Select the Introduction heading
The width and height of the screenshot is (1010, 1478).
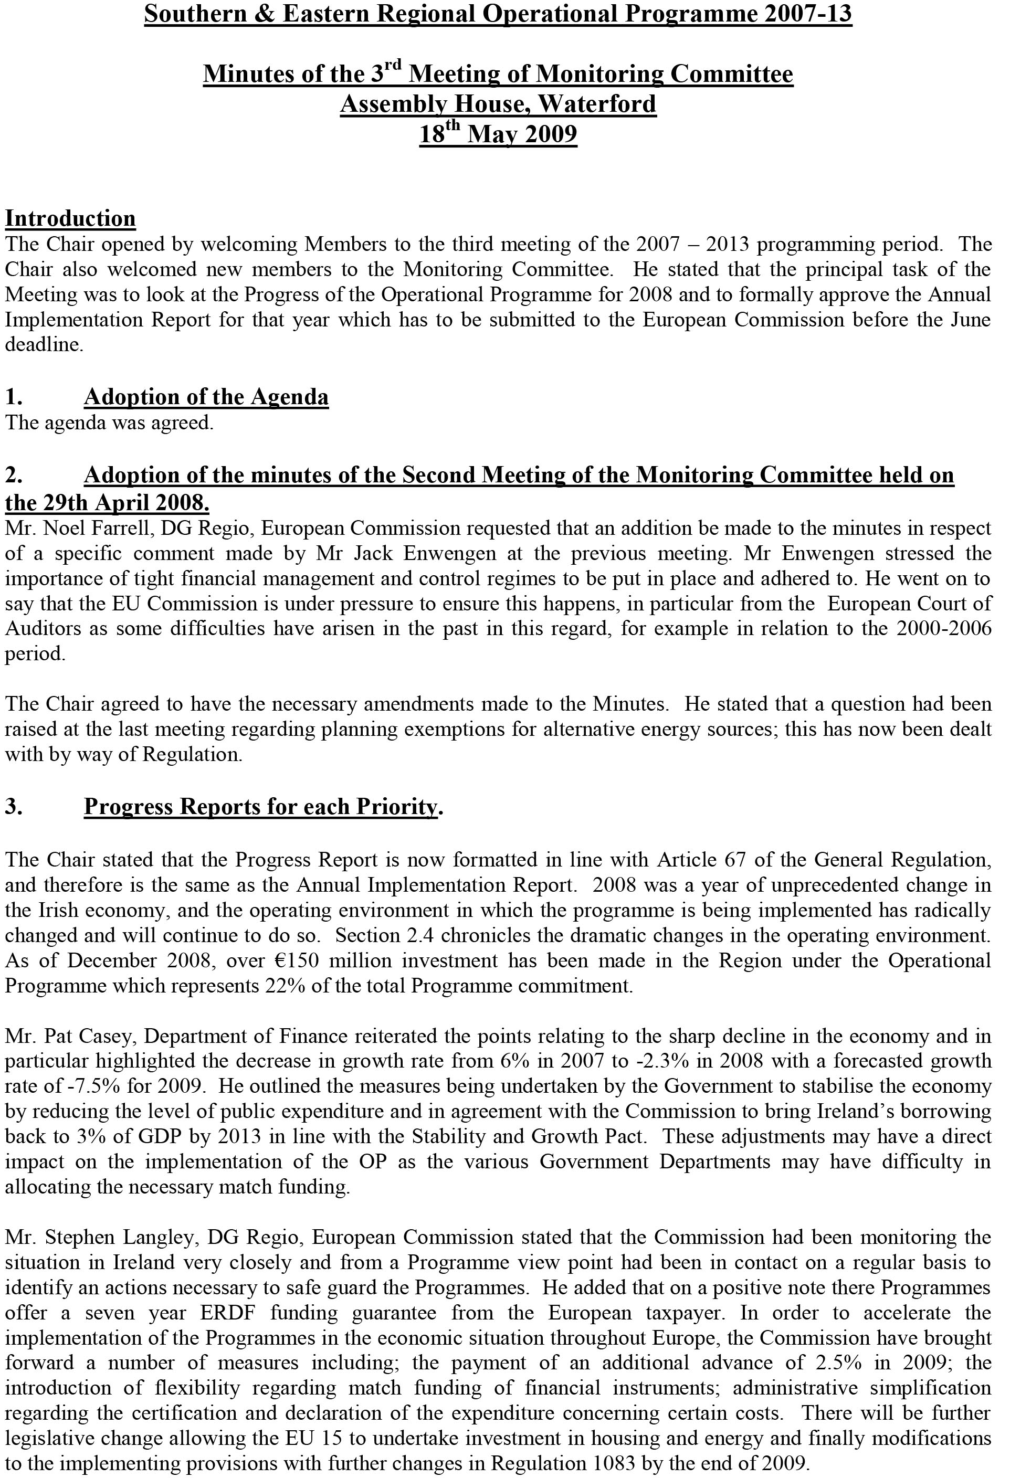pyautogui.click(x=70, y=218)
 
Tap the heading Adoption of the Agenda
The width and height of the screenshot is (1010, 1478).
pyautogui.click(x=206, y=397)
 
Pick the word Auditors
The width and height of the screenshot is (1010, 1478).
pyautogui.click(x=43, y=629)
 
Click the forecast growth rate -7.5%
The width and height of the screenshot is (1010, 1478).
pyautogui.click(x=78, y=1086)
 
